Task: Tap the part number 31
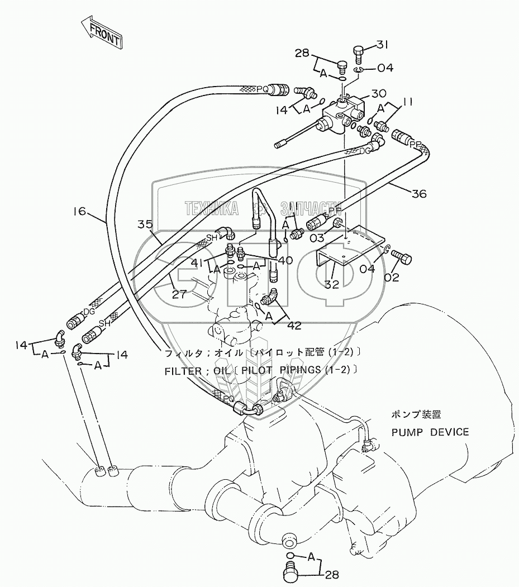382,45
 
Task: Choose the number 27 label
178,294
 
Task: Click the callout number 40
284,260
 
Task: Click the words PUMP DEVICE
430,432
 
